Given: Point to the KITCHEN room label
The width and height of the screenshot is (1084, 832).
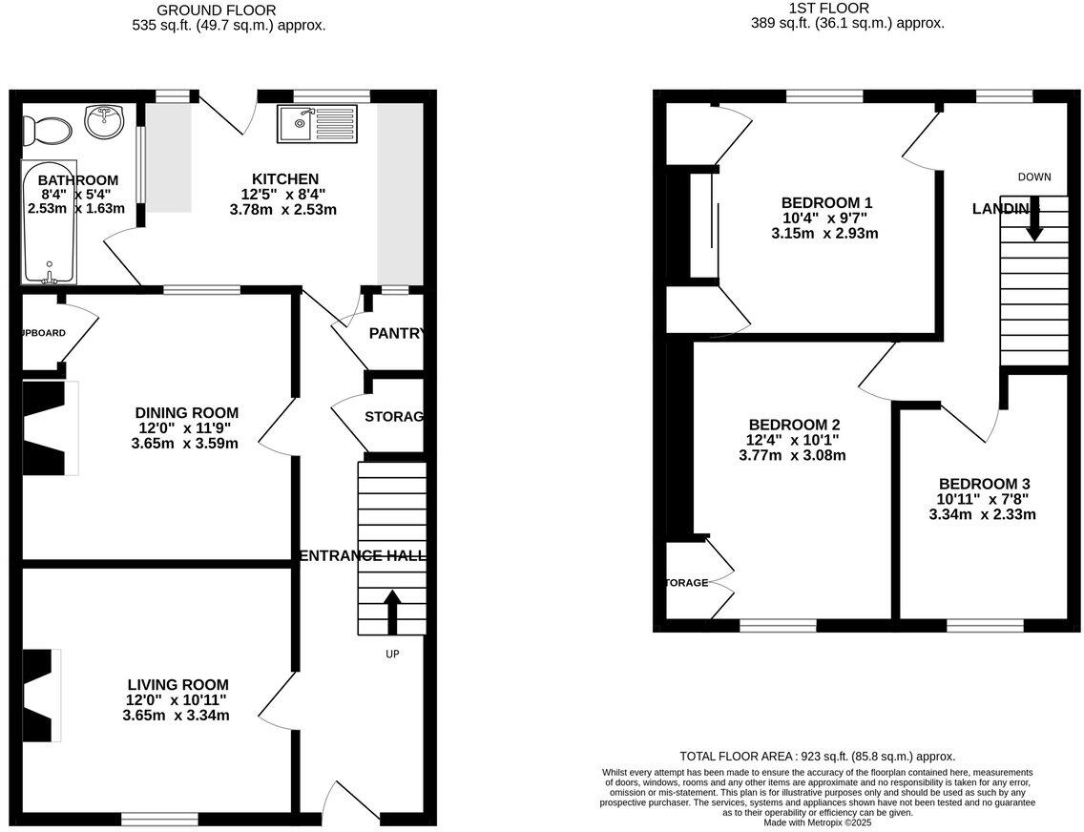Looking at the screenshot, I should coord(284,179).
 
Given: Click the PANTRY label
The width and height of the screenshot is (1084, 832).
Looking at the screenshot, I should coord(396,334).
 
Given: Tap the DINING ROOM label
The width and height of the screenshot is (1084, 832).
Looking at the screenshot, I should coord(186,412).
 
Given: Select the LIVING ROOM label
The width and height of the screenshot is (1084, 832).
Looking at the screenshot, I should coord(177,684).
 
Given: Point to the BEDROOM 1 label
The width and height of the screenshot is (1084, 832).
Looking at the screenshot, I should coord(826,202).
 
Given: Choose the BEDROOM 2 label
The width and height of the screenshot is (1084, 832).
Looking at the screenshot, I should coord(794,425).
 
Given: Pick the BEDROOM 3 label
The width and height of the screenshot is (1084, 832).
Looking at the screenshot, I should coord(983,484).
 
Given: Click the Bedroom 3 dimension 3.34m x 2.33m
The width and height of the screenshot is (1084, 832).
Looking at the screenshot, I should coord(983,514).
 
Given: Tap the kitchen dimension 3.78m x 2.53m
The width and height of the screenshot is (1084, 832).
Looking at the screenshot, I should coord(283,210).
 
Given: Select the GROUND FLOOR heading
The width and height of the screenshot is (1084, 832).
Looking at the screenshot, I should coord(229,10).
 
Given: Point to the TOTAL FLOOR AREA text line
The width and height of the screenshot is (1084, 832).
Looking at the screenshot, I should coord(817,756).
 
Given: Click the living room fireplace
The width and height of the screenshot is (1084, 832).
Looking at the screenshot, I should coord(40,696).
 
